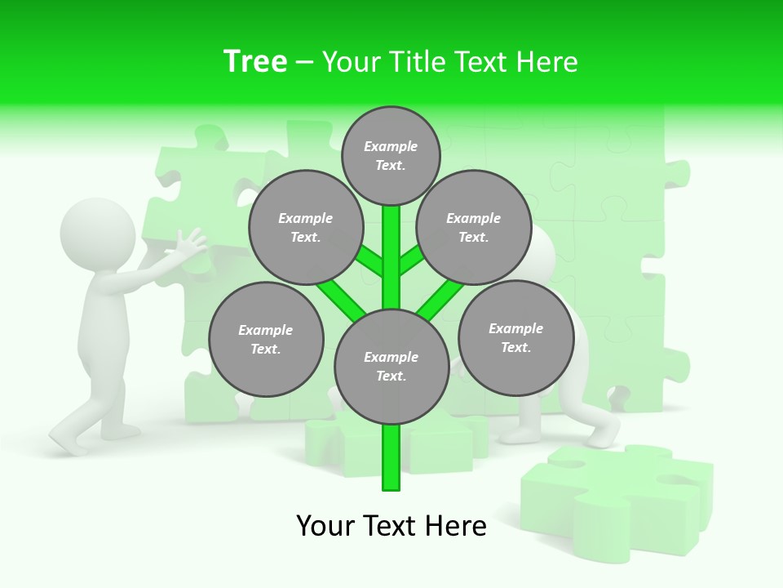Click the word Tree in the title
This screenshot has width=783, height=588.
coord(255,62)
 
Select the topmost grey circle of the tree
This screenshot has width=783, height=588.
coord(391,155)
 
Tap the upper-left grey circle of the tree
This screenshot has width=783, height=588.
coord(306,227)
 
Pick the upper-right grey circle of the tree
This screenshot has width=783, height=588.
coord(474,227)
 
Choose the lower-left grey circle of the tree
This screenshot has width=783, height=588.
coord(266,339)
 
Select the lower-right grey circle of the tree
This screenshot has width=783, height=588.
coord(516,337)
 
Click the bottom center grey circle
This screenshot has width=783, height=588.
coord(391,367)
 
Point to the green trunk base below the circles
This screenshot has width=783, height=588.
coord(391,461)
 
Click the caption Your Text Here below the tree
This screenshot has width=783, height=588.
coord(391,526)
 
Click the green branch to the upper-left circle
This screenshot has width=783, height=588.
coord(370,262)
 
